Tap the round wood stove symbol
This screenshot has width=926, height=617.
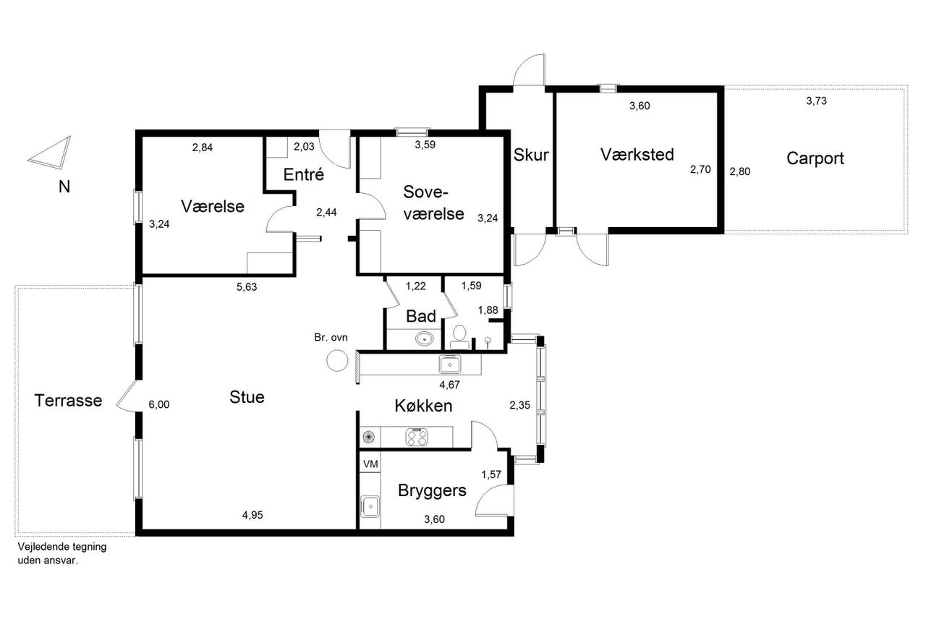(x=337, y=360)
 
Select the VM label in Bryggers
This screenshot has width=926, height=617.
(x=370, y=464)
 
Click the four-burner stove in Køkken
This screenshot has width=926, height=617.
(x=417, y=437)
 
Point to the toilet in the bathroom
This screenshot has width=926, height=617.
(x=459, y=337)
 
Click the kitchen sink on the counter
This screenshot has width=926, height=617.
(x=450, y=365)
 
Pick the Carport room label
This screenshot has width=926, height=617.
(x=815, y=158)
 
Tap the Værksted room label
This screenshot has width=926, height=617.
(x=637, y=155)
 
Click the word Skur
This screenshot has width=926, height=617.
(x=531, y=155)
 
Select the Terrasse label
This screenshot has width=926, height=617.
(x=68, y=401)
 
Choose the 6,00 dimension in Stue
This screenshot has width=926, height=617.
(x=158, y=404)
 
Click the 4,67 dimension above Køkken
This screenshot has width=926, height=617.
(x=449, y=385)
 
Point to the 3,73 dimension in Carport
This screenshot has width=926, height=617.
(x=816, y=101)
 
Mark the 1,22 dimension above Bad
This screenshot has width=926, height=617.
(x=415, y=286)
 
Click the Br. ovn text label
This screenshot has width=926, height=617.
(x=331, y=338)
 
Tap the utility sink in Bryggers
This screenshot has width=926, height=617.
(x=370, y=506)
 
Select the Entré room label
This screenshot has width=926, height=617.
(x=303, y=175)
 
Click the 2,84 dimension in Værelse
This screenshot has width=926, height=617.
(x=202, y=148)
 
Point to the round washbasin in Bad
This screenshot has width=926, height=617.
(x=424, y=339)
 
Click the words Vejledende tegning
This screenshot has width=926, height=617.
(x=62, y=547)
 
